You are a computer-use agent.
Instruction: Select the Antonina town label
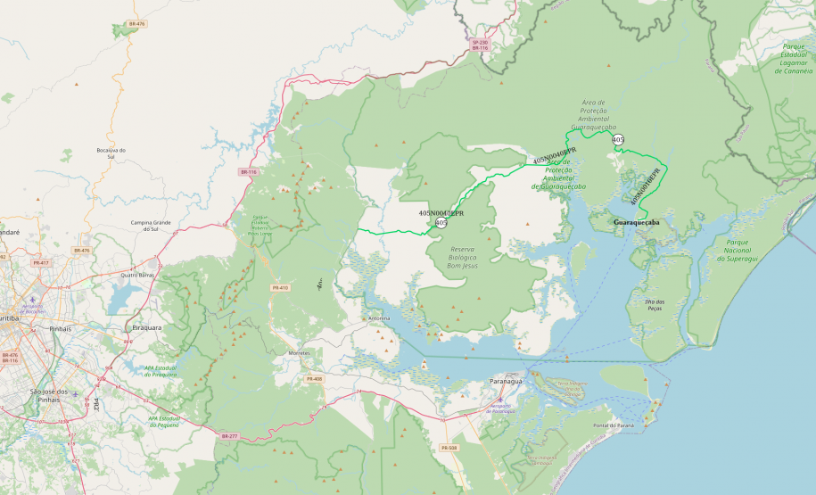pyautogui.click(x=378, y=318)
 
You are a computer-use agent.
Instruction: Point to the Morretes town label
pyautogui.click(x=299, y=352)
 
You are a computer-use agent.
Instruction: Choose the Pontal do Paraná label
pyautogui.click(x=612, y=425)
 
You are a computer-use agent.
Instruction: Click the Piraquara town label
pyautogui.click(x=146, y=327)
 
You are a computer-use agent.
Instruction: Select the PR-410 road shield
pyautogui.click(x=280, y=288)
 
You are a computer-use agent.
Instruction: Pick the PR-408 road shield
pyautogui.click(x=313, y=379)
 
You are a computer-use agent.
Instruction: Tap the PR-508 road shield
pyautogui.click(x=449, y=448)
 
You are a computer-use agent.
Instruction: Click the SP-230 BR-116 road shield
pyautogui.click(x=480, y=44)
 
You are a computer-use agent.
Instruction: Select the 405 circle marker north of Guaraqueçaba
pyautogui.click(x=618, y=139)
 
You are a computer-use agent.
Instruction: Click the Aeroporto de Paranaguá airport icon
pyautogui.click(x=501, y=400)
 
